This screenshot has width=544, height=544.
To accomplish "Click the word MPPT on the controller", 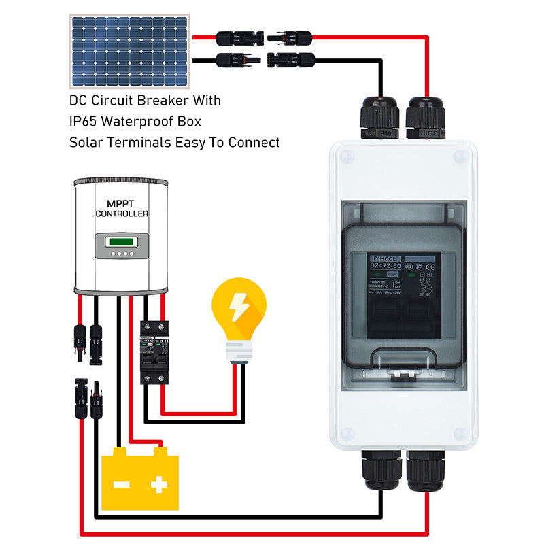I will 121,203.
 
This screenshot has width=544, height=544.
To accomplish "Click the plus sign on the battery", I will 159,484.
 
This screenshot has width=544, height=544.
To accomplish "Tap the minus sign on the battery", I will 122,485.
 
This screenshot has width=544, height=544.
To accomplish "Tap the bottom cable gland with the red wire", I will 426,471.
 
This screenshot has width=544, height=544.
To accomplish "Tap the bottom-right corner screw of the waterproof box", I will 460,433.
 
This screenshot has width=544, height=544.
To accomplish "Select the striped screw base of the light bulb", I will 239,351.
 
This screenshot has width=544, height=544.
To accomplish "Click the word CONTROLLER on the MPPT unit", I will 121,214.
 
